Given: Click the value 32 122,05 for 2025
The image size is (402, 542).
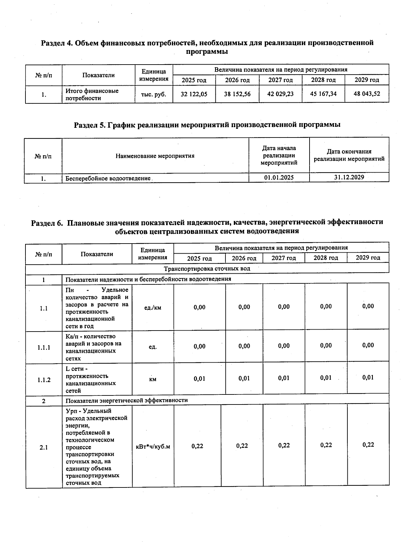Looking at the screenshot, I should click(194, 94).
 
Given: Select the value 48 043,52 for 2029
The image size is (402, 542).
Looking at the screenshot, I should click(367, 94).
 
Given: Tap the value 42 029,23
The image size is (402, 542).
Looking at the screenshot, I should click(280, 94).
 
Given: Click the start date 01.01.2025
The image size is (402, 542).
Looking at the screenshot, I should click(279, 178).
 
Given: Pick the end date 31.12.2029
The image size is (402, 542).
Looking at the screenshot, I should click(349, 177).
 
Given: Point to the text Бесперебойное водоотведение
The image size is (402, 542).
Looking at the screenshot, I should click(108, 178).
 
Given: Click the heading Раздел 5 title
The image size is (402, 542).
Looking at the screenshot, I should click(207, 125).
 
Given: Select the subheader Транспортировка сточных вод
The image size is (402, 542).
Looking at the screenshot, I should click(207, 269).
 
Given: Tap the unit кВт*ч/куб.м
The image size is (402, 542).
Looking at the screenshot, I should click(153, 447).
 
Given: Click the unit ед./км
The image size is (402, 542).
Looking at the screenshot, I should click(152, 307).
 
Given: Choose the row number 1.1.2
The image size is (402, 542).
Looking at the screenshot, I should click(44, 380).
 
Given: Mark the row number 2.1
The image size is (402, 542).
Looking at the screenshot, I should click(44, 447).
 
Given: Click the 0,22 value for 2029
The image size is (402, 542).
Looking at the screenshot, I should click(368, 445).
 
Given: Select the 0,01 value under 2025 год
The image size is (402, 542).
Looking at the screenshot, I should click(199, 379).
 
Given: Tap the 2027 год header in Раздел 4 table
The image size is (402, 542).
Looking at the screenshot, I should click(280, 80).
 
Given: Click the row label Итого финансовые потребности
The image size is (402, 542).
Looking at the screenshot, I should click(92, 95).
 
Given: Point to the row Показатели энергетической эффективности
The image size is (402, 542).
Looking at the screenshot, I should click(126, 400).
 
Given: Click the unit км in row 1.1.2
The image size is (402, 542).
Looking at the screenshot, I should click(152, 379).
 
